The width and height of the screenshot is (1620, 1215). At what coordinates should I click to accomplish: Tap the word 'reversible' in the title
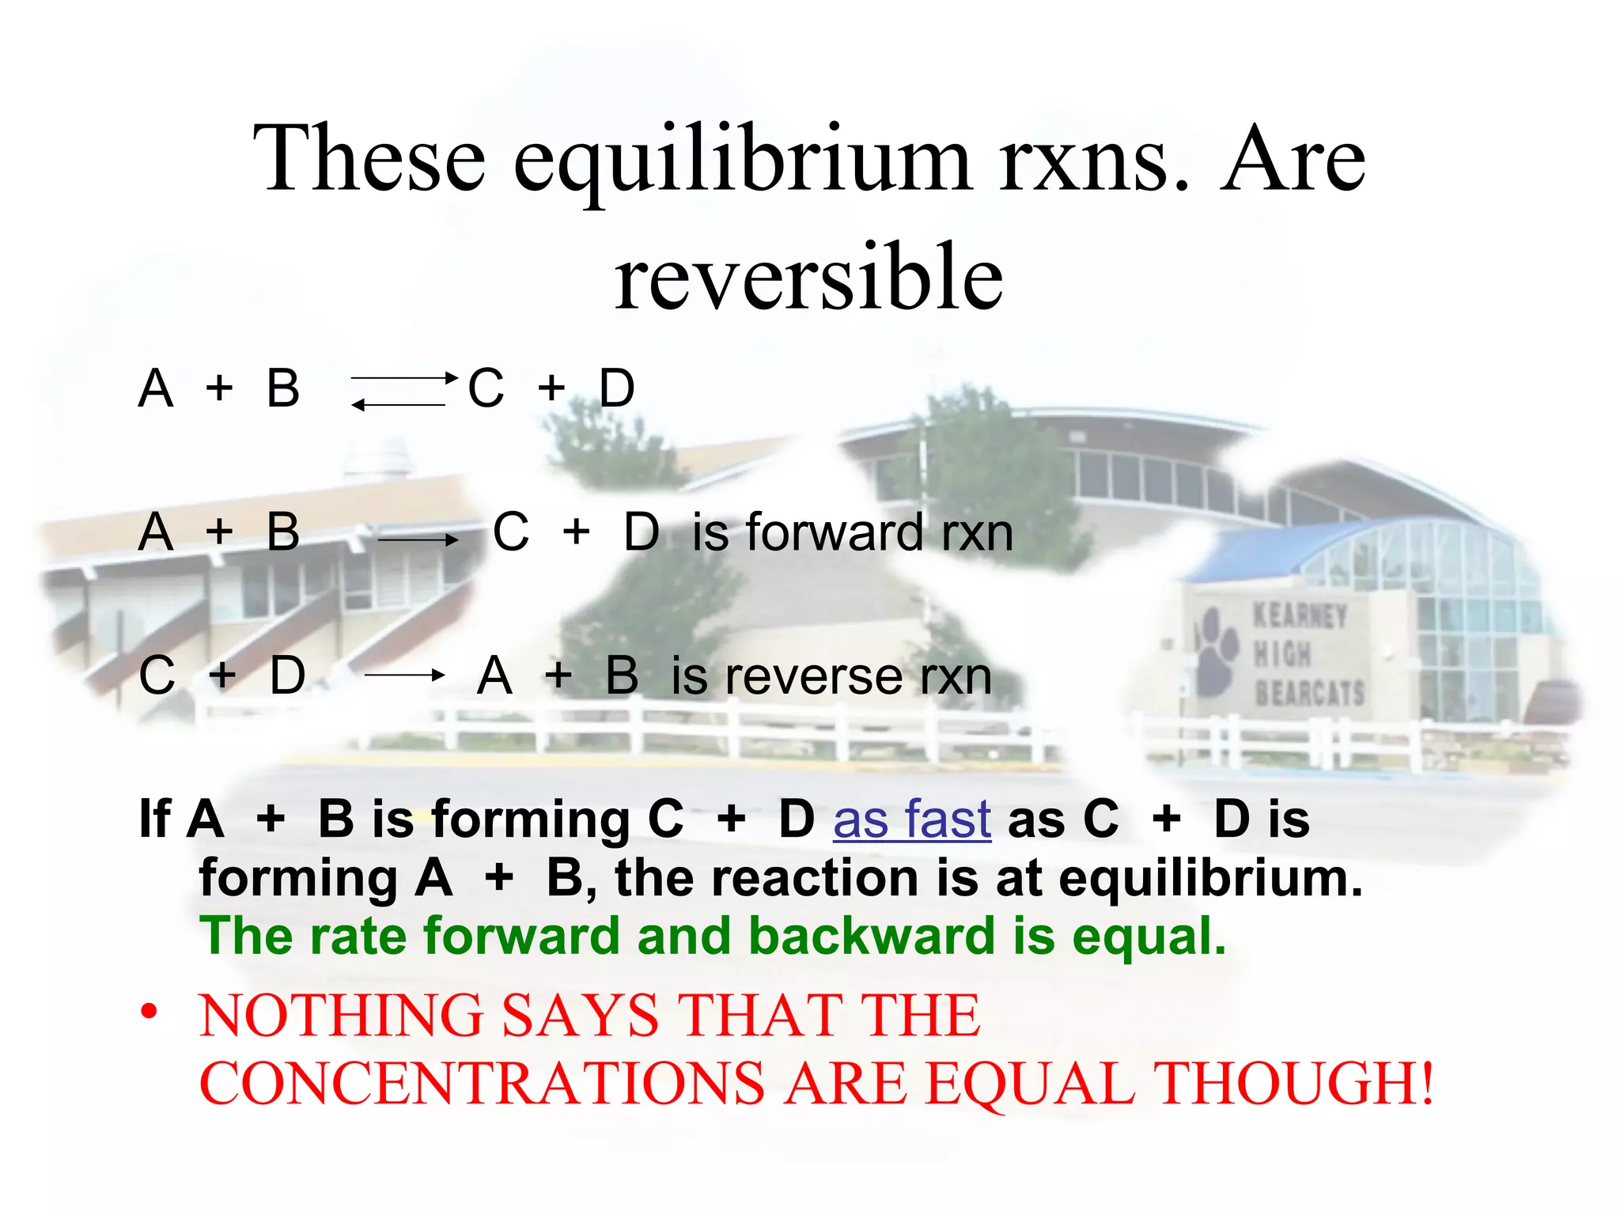click(x=808, y=277)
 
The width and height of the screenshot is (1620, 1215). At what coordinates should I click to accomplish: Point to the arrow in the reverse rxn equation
click(x=403, y=676)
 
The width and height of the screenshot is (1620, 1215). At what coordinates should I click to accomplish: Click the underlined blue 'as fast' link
click(x=911, y=819)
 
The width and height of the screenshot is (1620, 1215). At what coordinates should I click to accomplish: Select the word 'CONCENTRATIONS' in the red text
click(x=482, y=1083)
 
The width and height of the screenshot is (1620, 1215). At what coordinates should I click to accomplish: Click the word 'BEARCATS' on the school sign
click(x=1309, y=693)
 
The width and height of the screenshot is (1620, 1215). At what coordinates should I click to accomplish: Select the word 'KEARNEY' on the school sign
click(x=1300, y=615)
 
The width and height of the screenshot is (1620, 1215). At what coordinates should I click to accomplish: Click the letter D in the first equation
click(x=617, y=388)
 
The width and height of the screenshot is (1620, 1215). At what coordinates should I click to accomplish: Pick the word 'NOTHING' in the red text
click(x=341, y=1016)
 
